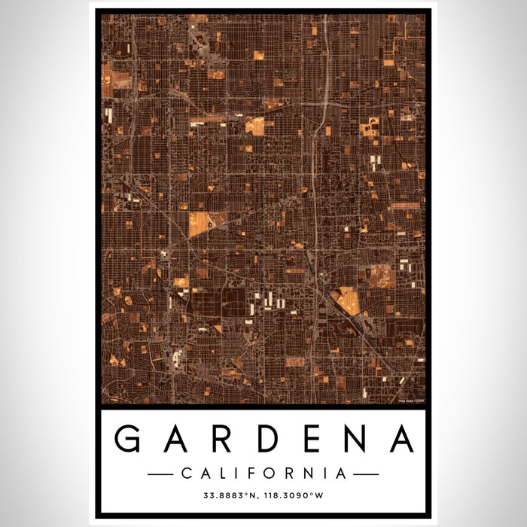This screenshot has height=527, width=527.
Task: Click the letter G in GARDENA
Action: click(130, 440)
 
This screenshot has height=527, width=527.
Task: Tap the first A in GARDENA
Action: click(175, 440)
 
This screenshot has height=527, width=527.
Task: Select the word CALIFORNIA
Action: click(263, 474)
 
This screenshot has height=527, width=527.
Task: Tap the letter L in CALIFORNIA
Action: click(223, 474)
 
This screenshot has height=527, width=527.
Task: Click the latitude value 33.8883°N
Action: click(230, 496)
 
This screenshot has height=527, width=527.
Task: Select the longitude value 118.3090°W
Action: click(296, 496)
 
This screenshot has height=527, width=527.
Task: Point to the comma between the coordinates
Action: click(260, 498)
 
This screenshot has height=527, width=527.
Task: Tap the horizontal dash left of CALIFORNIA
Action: click(161, 474)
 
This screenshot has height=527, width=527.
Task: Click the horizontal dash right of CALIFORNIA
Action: click(366, 474)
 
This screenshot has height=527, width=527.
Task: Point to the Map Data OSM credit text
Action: click(410, 399)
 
